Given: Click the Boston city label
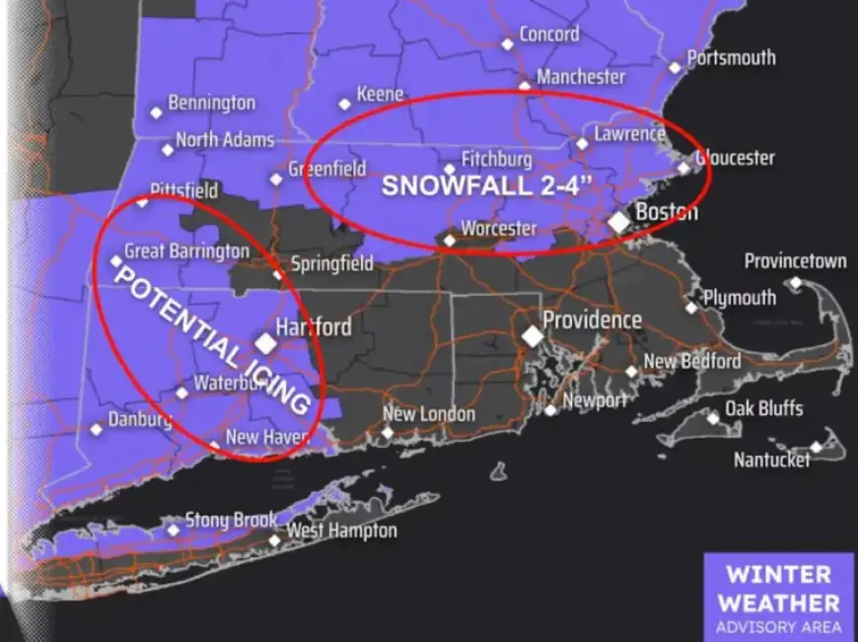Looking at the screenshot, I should click(667, 212).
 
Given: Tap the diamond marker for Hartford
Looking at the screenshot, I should click(265, 343).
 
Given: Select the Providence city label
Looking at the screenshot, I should click(592, 321).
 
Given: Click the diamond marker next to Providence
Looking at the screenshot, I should click(533, 336).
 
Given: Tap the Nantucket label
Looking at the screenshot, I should click(771, 460).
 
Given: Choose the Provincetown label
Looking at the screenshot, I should click(795, 261).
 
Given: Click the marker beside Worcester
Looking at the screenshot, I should click(449, 239).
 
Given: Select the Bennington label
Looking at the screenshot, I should click(211, 103).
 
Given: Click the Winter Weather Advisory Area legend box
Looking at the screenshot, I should click(778, 598).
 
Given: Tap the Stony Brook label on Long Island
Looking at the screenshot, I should click(231, 520).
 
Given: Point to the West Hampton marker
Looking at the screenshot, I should click(274, 539).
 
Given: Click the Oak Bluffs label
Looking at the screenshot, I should click(764, 408).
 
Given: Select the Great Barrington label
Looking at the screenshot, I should click(186, 251).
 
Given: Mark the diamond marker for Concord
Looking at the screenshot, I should click(507, 43).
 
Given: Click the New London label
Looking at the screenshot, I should click(428, 415).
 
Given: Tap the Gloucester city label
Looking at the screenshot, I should click(735, 158).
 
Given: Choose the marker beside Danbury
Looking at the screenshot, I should click(96, 429).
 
